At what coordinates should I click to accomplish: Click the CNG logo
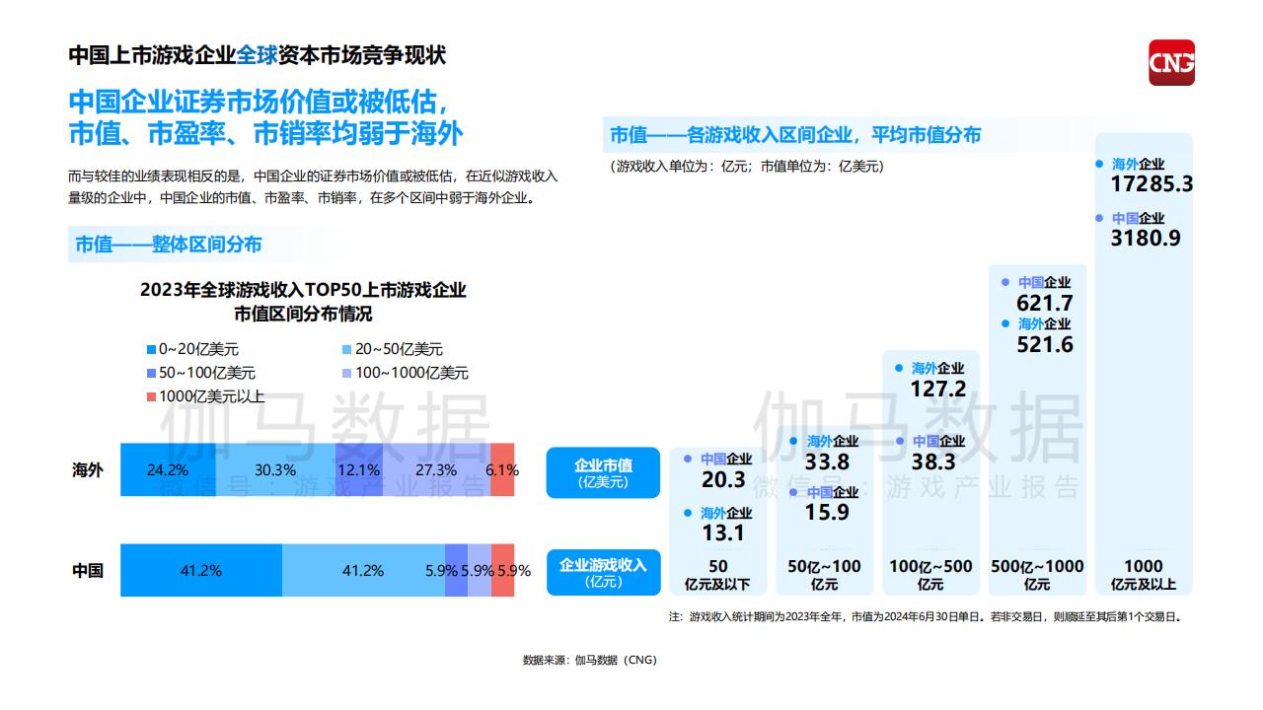coord(1171,62)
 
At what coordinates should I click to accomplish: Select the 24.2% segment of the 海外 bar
coord(167,470)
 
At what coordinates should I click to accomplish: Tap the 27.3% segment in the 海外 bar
coord(435,470)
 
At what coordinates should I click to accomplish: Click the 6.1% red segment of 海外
coord(502,470)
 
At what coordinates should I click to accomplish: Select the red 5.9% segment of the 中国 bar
coord(503,570)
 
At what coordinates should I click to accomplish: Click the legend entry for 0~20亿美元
coord(192,349)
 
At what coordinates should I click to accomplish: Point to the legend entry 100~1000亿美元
coord(405,373)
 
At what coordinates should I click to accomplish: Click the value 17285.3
coord(1152,184)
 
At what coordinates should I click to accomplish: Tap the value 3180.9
coord(1146,238)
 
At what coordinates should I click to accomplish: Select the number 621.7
coord(1045,304)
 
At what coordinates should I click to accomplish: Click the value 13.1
coord(724,533)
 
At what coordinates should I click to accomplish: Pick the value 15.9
coord(827,513)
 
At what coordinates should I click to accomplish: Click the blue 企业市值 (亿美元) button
coord(603,472)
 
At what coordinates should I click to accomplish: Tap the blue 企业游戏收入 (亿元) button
coord(603,572)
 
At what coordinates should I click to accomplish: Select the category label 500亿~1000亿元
coord(1037,574)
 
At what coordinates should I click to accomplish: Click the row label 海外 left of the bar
coord(87,470)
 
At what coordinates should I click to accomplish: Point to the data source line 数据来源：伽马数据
coord(589,660)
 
